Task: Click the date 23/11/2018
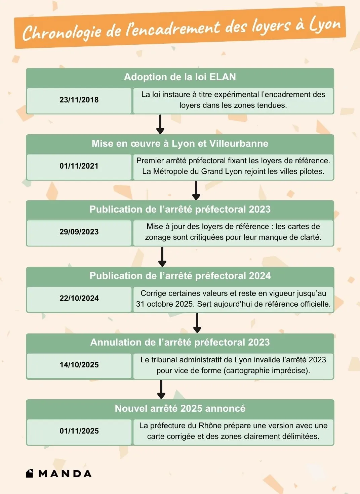click(x=79, y=100)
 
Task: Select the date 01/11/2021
click(x=79, y=166)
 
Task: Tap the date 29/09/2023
click(x=79, y=232)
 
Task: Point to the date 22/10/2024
click(x=79, y=298)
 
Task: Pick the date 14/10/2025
click(x=79, y=365)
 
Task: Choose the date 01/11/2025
click(x=79, y=431)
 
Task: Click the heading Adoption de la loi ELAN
click(x=180, y=77)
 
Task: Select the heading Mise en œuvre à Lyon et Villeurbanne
click(x=180, y=144)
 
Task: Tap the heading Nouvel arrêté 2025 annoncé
click(x=180, y=408)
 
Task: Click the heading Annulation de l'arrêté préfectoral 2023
click(x=180, y=342)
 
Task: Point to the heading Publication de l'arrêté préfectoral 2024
click(x=180, y=276)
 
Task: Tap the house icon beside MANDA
click(x=30, y=473)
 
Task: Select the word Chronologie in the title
click(x=62, y=33)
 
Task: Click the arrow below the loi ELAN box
click(x=160, y=125)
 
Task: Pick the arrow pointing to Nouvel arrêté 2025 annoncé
click(x=161, y=390)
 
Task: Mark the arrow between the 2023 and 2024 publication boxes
click(x=162, y=257)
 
